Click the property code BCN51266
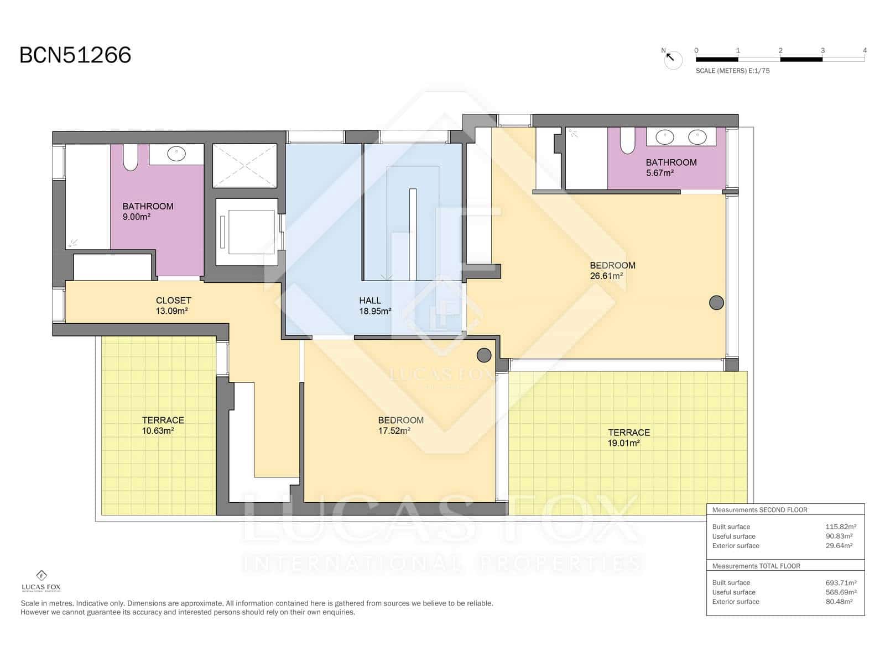[75, 55]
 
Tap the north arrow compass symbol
[673, 59]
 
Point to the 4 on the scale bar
[865, 50]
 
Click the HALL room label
[370, 301]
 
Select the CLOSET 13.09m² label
[173, 306]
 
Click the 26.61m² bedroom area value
[606, 276]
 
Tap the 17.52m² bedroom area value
[394, 431]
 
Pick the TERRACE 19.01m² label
[628, 438]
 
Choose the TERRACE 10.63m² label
[163, 425]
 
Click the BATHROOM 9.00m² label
[148, 211]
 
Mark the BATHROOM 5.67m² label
[670, 167]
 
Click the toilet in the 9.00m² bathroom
[130, 157]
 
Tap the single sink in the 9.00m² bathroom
[176, 154]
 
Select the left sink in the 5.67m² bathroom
[664, 137]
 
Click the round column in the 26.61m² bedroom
[716, 302]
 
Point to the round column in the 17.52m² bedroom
[484, 355]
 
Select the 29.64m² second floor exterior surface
[839, 545]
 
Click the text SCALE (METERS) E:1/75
[732, 71]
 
